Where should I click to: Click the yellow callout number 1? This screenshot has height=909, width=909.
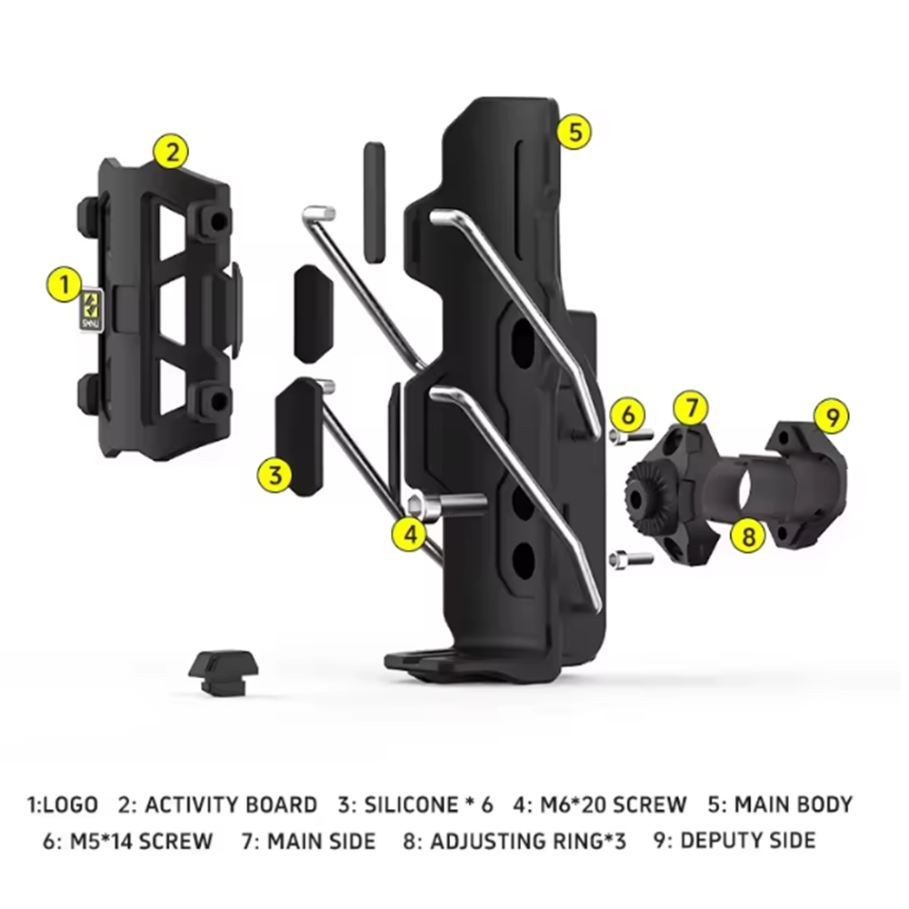click(65, 284)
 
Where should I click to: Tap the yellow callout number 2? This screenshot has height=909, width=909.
click(171, 152)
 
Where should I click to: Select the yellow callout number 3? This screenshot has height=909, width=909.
click(275, 475)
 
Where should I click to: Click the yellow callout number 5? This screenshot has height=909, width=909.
click(574, 132)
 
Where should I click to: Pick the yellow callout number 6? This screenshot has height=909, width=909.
click(628, 415)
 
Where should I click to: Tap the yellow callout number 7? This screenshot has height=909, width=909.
click(691, 408)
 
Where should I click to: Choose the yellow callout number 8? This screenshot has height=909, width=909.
click(748, 534)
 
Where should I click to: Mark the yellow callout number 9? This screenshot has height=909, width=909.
click(832, 416)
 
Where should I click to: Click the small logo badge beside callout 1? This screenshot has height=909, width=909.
click(91, 310)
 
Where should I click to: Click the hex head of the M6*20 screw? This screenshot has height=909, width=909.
click(422, 506)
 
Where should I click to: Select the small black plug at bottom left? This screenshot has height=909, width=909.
click(224, 673)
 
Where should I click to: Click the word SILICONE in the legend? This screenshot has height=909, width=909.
click(411, 804)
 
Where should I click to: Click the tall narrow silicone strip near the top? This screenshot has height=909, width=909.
click(375, 203)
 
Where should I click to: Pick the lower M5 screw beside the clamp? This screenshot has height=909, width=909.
click(631, 559)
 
